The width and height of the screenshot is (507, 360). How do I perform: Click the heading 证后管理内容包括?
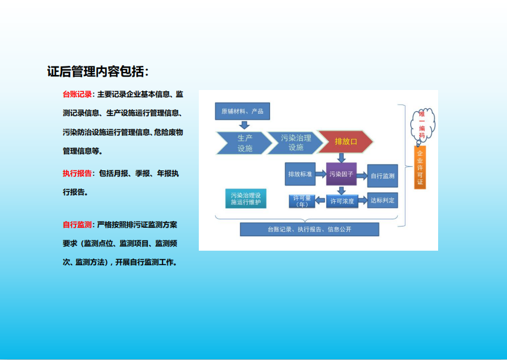98,71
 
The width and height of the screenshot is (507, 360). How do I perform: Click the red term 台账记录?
77,94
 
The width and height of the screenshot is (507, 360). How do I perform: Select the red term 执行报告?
77,173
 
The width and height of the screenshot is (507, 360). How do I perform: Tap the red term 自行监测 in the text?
77,225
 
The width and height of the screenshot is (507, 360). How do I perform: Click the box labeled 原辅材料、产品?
242,111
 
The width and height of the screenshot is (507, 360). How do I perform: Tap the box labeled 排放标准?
300,174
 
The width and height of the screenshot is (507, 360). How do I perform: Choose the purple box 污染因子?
341,174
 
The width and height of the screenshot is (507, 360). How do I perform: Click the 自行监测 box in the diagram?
383,176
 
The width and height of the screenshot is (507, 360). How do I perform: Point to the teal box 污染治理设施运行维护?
246,198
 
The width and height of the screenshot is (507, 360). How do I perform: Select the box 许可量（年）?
302,201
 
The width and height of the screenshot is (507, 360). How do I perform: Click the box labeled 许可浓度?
342,201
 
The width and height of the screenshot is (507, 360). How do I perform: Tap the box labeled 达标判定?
383,201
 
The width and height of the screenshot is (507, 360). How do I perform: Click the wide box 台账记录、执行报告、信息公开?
309,229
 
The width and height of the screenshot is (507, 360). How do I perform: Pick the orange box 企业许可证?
420,167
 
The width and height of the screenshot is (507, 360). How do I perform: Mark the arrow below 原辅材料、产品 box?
244,125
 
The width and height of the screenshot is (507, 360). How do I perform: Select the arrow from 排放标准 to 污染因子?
321,174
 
